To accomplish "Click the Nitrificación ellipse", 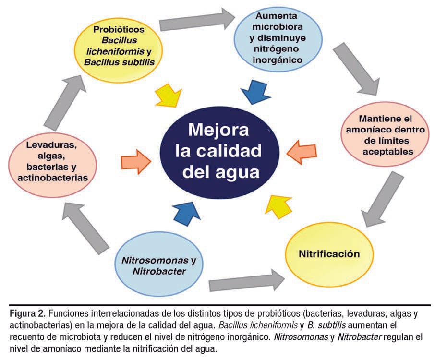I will tap(329, 254).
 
